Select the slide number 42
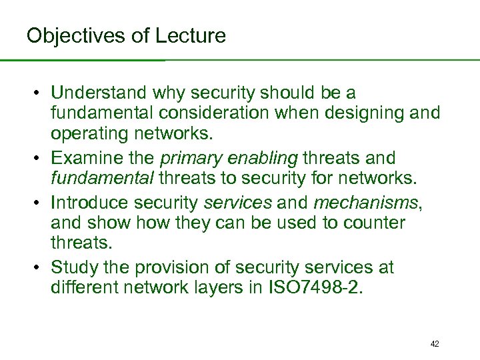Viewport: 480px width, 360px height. (x=435, y=344)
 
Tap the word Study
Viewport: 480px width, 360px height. (x=73, y=267)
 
